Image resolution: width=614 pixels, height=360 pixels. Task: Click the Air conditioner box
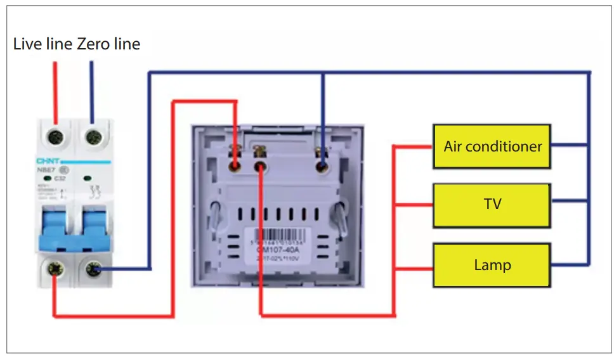(x=492, y=146)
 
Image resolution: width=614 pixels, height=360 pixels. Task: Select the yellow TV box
(x=492, y=205)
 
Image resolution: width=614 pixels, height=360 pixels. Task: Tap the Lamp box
(x=492, y=264)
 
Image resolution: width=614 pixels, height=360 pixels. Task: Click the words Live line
(x=43, y=44)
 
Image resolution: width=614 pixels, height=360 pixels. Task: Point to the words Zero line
(x=108, y=44)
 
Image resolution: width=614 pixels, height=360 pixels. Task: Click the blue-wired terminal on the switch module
(x=322, y=166)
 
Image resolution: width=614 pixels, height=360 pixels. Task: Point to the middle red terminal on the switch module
(x=260, y=166)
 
